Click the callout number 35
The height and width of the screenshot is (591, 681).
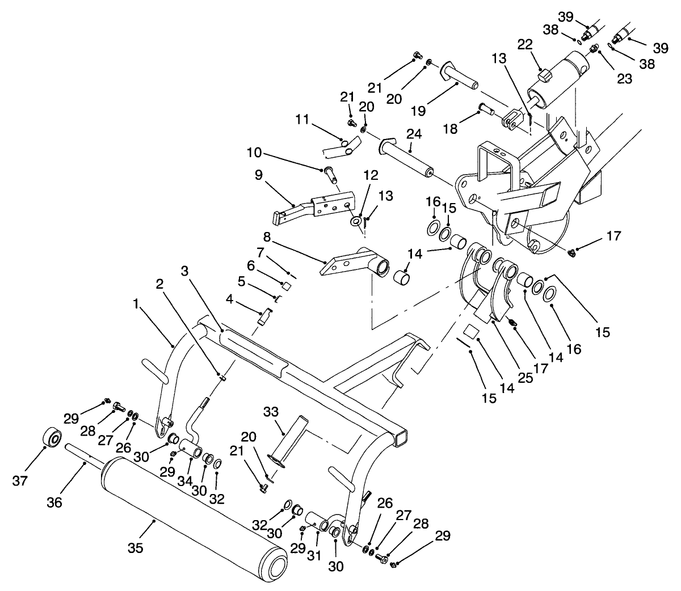(x=135, y=548)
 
